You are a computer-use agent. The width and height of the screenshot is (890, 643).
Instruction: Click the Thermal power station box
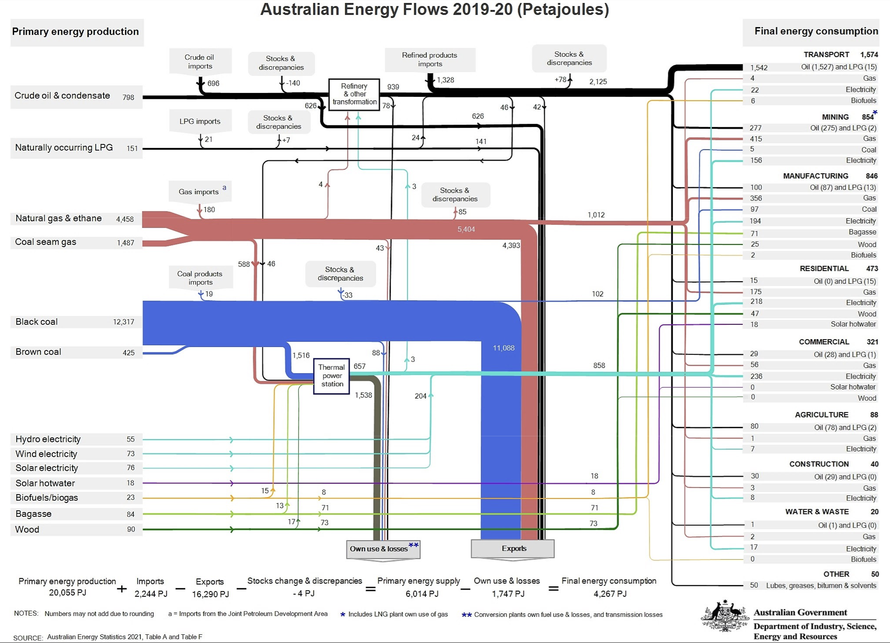click(331, 376)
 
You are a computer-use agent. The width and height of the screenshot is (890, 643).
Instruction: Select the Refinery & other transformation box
click(354, 94)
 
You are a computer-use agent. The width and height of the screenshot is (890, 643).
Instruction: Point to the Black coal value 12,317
click(124, 322)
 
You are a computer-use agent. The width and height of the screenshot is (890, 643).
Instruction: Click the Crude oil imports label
click(200, 62)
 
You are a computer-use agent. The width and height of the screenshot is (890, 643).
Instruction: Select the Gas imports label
click(199, 191)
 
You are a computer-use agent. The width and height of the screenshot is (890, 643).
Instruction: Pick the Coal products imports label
click(200, 278)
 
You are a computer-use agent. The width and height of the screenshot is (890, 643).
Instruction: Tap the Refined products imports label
click(430, 60)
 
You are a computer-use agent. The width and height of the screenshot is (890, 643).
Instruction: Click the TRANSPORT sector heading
click(826, 55)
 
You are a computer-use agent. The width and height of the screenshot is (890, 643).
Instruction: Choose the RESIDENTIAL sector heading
click(824, 269)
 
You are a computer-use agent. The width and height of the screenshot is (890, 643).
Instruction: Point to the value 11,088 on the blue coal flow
click(504, 348)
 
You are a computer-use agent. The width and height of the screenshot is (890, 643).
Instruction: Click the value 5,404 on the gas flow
click(466, 229)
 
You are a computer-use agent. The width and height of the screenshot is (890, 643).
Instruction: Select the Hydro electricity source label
click(48, 439)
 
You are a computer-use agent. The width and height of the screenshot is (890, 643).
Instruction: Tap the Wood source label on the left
click(27, 529)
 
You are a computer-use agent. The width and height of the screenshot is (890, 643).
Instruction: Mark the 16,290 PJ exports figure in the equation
click(210, 594)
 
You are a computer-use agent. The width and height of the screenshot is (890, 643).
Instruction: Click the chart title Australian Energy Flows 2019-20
click(434, 9)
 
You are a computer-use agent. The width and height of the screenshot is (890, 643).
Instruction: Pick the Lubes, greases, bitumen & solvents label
click(821, 585)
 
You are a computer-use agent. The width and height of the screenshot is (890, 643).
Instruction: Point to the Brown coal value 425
click(128, 352)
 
